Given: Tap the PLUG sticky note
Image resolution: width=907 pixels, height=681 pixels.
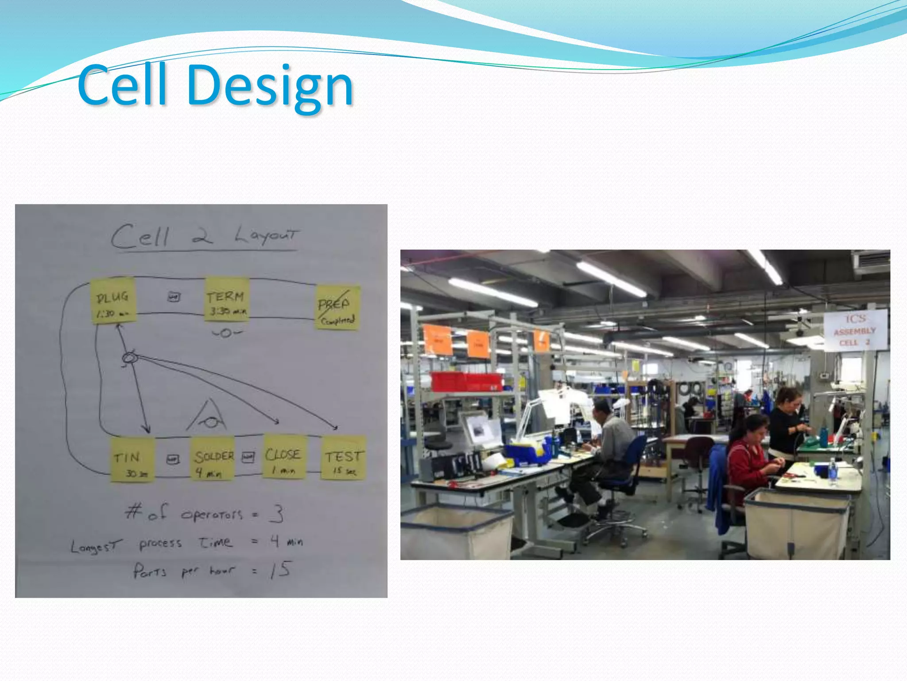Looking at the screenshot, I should (113, 301).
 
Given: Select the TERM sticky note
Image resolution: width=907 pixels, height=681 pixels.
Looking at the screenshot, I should (227, 299).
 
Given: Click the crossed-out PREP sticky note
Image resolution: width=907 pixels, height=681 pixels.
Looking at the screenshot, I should (337, 307).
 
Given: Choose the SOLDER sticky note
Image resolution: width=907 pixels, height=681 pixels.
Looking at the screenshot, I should (213, 459).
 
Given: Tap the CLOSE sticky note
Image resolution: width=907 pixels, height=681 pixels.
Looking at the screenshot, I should (284, 457).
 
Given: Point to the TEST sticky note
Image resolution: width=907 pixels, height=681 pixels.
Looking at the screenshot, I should (343, 458).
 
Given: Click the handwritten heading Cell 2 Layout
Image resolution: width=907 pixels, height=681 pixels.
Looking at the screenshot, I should (205, 236).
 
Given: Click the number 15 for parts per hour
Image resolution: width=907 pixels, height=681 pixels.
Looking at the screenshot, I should (281, 570).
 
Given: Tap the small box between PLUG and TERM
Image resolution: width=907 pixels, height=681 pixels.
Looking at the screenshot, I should (174, 297).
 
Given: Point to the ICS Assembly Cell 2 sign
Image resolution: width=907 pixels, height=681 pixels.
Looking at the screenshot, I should (855, 330).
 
